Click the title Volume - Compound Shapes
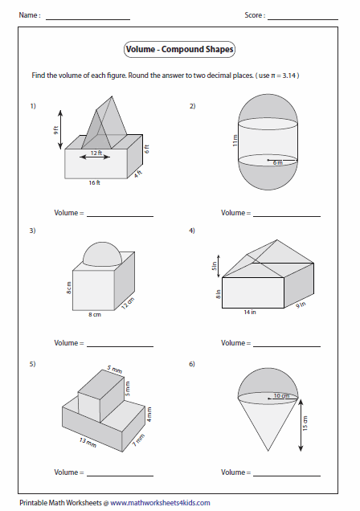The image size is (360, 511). coord(179,49)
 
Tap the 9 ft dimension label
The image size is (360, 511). coord(56,130)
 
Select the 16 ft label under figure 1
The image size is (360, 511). coord(95,183)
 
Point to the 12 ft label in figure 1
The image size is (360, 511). coord(96,153)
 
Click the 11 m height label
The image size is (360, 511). coord(235,141)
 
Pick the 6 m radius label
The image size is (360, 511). coord(277,162)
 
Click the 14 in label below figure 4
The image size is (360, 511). coord(250,313)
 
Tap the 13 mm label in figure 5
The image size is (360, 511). coord(88,442)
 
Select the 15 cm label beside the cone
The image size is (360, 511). coord(305,423)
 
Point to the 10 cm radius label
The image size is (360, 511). coord(281,395)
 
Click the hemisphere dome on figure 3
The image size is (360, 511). coord(102,254)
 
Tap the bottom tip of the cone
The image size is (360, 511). coord(268,452)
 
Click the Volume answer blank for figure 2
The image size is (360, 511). coord(287,216)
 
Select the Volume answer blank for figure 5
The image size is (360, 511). coord(120,476)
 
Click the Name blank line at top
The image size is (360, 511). coord(88,19)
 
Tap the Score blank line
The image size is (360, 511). coord(303,19)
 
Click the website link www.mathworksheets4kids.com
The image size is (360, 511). coord(160,503)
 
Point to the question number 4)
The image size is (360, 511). coord(192,231)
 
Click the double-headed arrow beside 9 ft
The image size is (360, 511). coord(60,129)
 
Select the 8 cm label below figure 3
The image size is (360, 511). coord(95,315)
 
